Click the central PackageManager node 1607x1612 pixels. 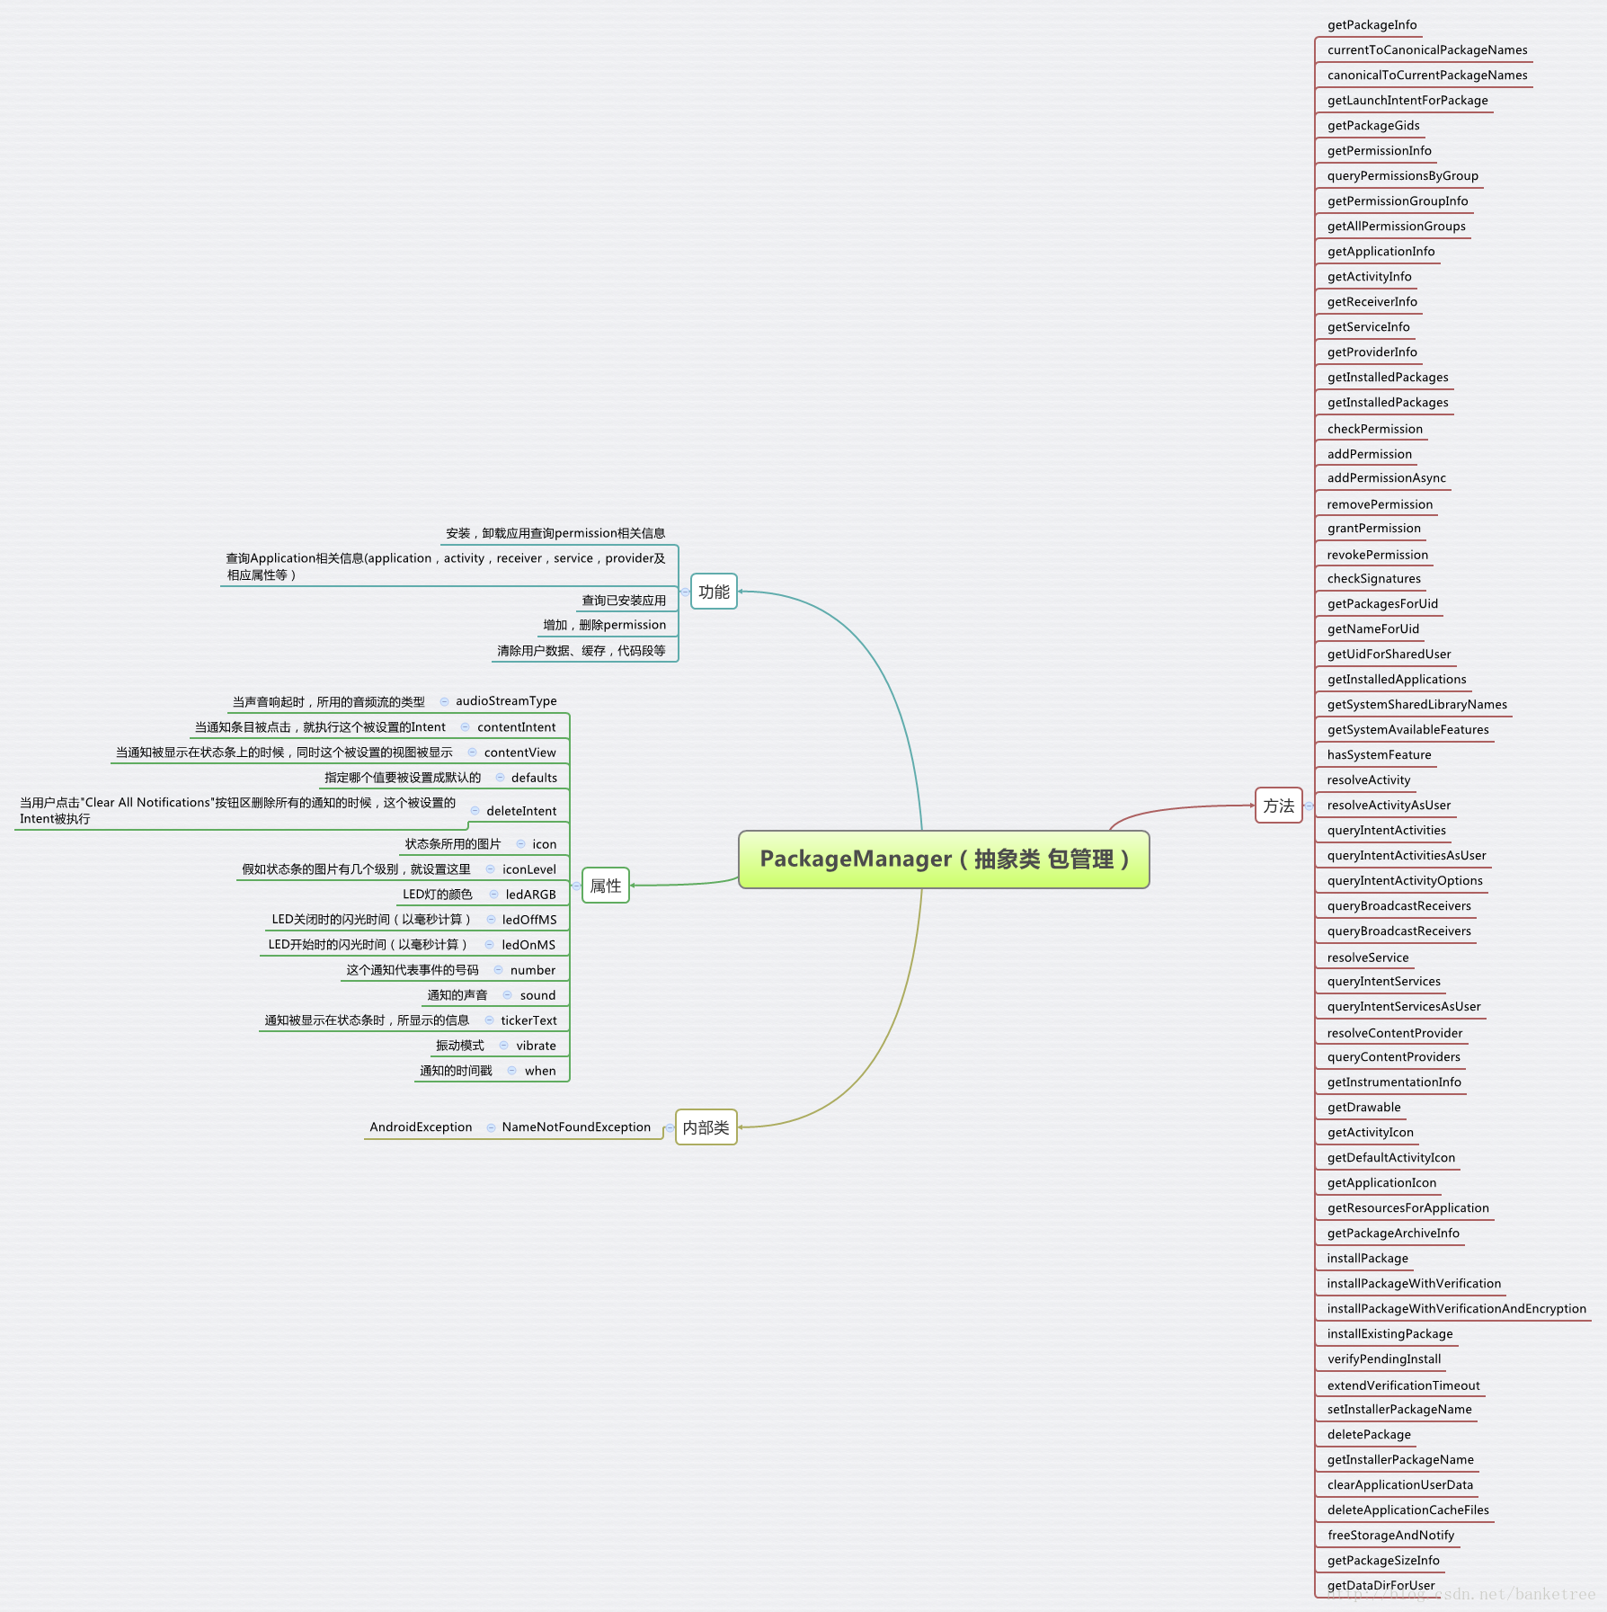(944, 859)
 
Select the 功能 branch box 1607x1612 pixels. (714, 592)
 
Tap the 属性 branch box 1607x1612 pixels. (605, 886)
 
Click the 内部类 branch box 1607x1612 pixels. (706, 1127)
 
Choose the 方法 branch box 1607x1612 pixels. (1278, 806)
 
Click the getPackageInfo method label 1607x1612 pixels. (1372, 25)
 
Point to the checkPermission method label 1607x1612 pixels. (1374, 429)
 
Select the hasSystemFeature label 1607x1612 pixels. (1379, 755)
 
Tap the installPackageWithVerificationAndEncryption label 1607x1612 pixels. (1456, 1309)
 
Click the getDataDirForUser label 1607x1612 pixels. (1381, 1585)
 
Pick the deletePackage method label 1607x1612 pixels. (1369, 1435)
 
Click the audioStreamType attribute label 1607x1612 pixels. (506, 701)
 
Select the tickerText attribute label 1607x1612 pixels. (528, 1020)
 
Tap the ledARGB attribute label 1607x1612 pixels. (530, 895)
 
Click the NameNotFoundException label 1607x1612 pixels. (576, 1127)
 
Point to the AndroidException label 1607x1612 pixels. (421, 1127)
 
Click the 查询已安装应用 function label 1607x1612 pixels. (624, 601)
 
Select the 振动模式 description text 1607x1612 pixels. (459, 1046)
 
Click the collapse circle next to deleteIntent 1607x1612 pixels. (475, 811)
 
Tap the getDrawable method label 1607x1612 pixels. (1363, 1108)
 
